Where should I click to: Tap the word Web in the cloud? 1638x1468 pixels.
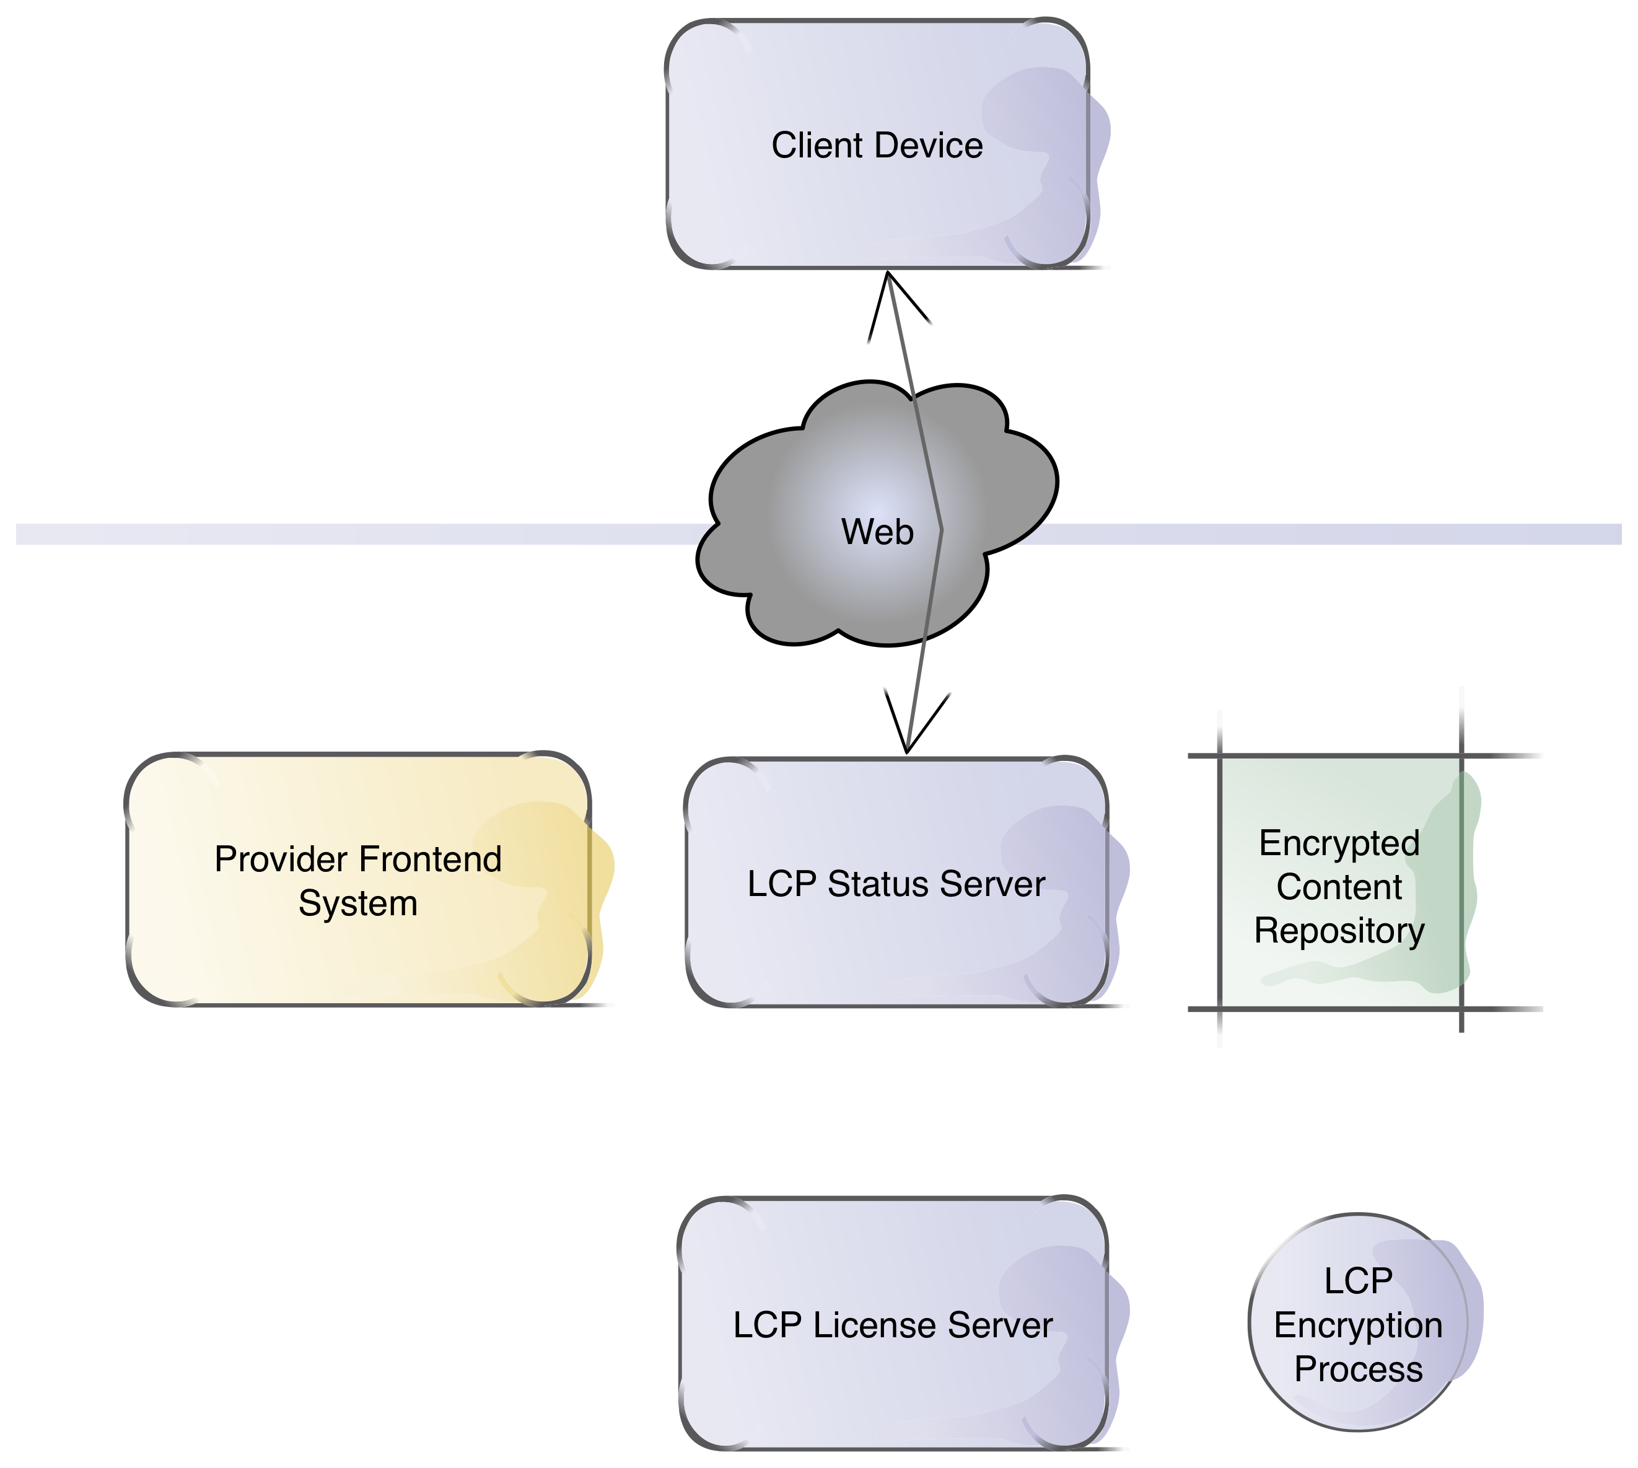tap(877, 532)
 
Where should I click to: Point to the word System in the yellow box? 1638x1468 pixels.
tap(358, 903)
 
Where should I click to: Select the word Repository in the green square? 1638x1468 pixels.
tap(1339, 931)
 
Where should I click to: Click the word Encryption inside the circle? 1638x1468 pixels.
tap(1358, 1326)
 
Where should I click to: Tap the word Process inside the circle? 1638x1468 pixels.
tap(1358, 1369)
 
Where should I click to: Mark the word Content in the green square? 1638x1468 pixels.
tap(1339, 887)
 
